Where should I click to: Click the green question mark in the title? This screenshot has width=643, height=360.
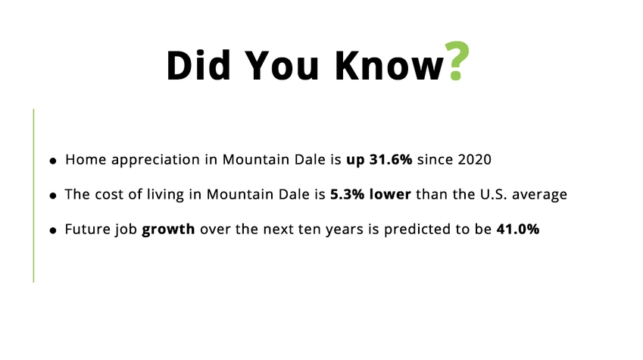[457, 61]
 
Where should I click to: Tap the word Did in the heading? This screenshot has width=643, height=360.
[198, 65]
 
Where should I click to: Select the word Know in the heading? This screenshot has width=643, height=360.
[389, 65]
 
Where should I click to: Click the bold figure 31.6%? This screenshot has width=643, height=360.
[391, 159]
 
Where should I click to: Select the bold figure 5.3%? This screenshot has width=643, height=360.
[347, 194]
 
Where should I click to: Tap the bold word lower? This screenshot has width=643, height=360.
[390, 194]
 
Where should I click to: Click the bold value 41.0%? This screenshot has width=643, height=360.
[518, 229]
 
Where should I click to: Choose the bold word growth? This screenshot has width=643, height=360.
[168, 230]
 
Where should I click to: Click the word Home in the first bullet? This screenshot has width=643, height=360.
[86, 159]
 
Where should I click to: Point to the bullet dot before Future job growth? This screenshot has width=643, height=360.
[53, 230]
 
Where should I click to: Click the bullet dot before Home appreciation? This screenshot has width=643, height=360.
[53, 161]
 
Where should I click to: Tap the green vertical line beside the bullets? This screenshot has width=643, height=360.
[33, 196]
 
